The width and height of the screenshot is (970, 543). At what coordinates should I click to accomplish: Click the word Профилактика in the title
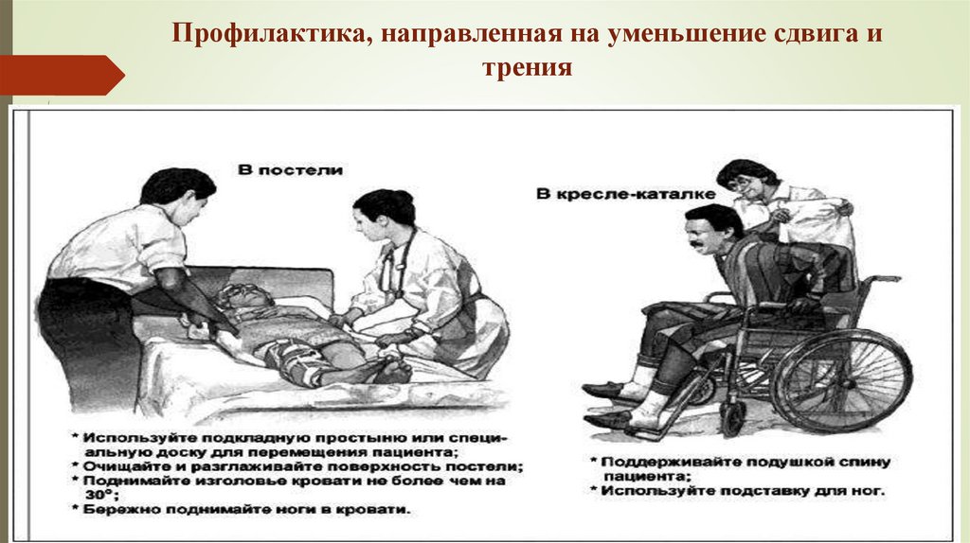pos(268,33)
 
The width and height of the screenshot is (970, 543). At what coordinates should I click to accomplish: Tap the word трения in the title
pos(527,67)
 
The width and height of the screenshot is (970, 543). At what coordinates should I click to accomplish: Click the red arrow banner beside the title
pos(62,75)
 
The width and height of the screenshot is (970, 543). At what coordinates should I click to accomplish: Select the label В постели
pos(290,170)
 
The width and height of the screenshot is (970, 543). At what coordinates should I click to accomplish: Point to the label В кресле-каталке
pos(625,194)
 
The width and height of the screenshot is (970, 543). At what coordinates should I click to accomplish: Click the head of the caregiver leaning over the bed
pos(178,195)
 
